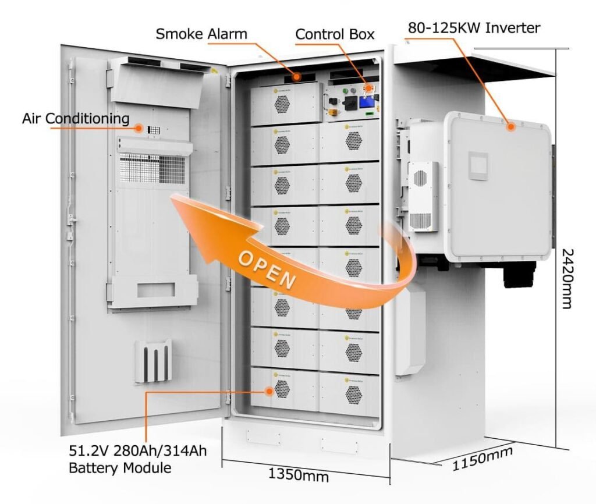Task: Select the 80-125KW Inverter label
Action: [474, 27]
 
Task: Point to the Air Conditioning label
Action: [76, 119]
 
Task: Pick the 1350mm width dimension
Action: [298, 474]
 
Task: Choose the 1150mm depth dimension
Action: [483, 457]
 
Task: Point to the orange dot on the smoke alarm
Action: [297, 75]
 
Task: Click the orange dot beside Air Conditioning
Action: [139, 126]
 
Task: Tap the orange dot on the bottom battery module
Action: [269, 391]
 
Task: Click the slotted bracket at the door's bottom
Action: [153, 361]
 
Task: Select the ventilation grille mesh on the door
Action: [154, 168]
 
